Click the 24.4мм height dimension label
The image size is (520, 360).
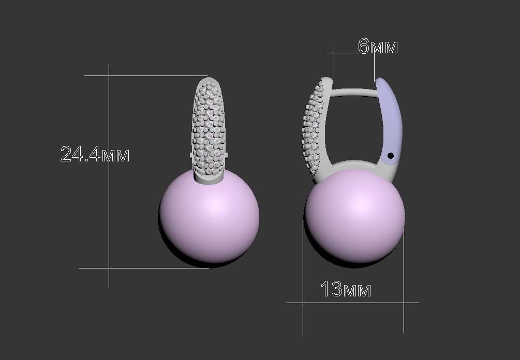(x=95, y=154)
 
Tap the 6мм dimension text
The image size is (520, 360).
(x=378, y=47)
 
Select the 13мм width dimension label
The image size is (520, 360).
(x=346, y=289)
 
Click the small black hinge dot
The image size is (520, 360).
(x=391, y=155)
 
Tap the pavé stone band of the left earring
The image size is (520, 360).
(x=209, y=127)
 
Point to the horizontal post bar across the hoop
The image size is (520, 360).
(x=354, y=92)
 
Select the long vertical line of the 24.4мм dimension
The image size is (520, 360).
(x=109, y=207)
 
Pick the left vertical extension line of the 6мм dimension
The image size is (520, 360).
(x=334, y=65)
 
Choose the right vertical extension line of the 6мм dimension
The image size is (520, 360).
(x=375, y=65)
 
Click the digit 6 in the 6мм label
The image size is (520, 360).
(x=364, y=47)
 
